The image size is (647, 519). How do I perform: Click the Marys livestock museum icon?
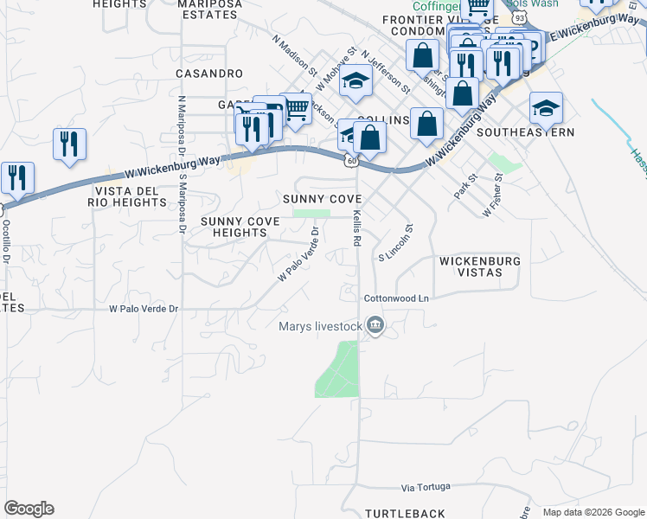coord(375,326)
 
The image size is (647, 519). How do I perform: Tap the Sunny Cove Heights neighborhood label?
coord(240,227)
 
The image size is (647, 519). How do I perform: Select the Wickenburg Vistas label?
coord(479,266)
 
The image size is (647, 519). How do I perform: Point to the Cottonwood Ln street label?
coord(396,298)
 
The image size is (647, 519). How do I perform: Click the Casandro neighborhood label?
coord(209,74)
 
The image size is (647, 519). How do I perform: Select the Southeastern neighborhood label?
coord(525,132)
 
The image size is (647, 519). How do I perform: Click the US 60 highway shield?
coord(349,160)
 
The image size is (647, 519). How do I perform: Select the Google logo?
coord(29,509)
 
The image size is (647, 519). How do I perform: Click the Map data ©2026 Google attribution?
coord(593,512)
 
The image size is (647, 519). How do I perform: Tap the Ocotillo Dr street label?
coord(6,241)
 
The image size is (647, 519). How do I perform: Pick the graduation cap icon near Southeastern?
coord(546,107)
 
